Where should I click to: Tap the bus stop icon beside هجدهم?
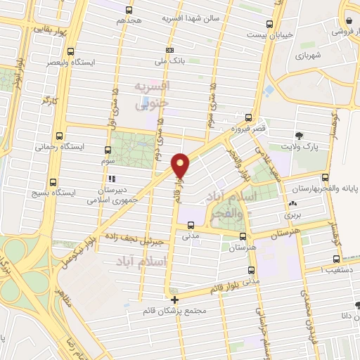(128, 10)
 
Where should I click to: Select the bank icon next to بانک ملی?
(169, 51)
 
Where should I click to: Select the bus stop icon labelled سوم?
(108, 150)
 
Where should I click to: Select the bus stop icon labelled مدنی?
(191, 225)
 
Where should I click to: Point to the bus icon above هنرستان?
(243, 237)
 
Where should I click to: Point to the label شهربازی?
(309, 54)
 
